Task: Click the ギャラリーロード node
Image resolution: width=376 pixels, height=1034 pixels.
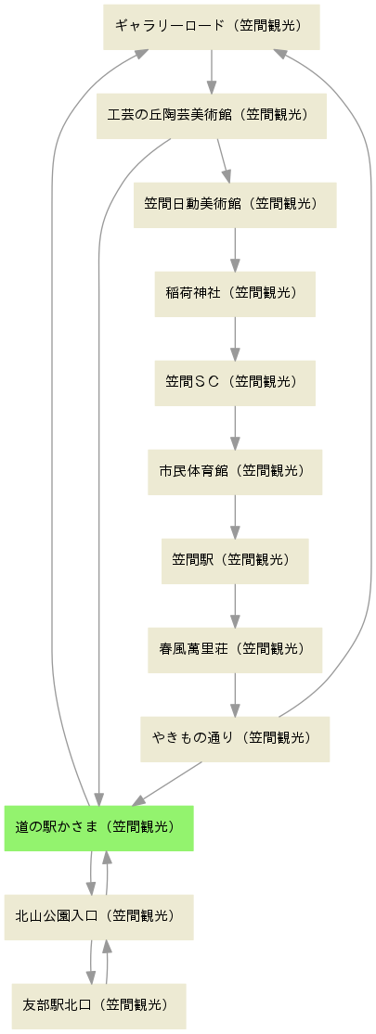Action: tap(211, 26)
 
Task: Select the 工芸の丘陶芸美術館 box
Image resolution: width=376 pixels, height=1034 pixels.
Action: tap(211, 115)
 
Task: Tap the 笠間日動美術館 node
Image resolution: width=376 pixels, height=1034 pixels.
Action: tap(235, 204)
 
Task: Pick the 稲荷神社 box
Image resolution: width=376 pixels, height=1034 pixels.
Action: tap(235, 293)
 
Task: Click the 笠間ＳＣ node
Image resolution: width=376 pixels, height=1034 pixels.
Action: tap(235, 382)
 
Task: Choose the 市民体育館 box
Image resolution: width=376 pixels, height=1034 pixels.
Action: tap(235, 471)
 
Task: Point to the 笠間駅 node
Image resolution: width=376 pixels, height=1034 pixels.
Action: tap(235, 560)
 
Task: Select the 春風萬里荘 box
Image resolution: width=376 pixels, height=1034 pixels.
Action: tap(235, 649)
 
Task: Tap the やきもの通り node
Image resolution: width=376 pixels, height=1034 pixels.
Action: tap(235, 738)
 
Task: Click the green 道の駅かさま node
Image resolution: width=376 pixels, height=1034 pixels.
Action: tap(99, 827)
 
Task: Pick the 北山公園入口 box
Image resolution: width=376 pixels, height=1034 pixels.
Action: tap(99, 916)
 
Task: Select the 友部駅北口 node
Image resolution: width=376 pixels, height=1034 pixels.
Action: tap(99, 1005)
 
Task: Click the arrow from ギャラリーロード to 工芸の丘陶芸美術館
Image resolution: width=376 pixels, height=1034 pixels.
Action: tap(211, 71)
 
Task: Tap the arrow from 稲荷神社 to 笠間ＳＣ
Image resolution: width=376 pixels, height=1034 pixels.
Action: tap(235, 338)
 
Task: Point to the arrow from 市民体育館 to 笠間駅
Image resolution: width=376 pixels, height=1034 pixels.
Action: tap(235, 517)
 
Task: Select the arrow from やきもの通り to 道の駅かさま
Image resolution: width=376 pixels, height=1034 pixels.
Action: tap(167, 784)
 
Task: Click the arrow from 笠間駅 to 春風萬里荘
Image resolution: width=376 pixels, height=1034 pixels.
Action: tap(235, 606)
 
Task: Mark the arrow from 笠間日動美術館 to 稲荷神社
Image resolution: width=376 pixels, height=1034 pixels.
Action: tap(235, 249)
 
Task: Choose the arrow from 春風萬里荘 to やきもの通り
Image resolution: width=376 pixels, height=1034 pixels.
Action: tap(235, 695)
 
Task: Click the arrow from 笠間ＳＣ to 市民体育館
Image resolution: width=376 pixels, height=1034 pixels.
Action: tap(235, 428)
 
